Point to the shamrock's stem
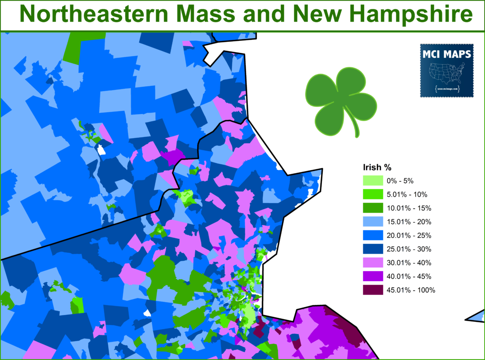point(356,130)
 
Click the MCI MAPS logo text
point(446,55)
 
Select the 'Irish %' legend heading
point(377,168)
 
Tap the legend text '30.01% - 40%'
point(409,263)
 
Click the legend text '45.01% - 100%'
point(411,290)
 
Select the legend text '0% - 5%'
point(400,181)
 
